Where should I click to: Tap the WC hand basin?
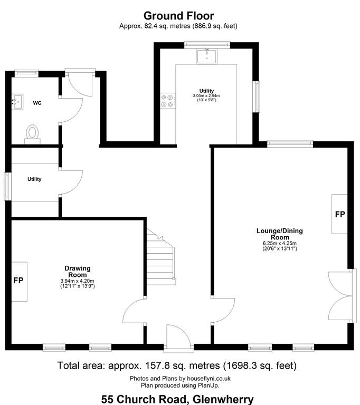17,102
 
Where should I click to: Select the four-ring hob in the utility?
167,101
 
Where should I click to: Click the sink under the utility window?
206,56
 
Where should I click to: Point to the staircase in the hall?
161,257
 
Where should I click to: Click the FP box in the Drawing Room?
19,281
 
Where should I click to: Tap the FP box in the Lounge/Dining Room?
339,214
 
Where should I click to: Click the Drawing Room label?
78,272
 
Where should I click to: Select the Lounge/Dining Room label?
280,234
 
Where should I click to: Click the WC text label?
37,103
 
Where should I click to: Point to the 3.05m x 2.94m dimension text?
206,95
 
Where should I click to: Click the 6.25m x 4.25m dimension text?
280,243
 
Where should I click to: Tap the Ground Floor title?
179,16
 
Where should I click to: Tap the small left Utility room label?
34,179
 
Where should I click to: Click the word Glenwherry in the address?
223,399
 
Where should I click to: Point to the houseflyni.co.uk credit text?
209,379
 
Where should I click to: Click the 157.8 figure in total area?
155,365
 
